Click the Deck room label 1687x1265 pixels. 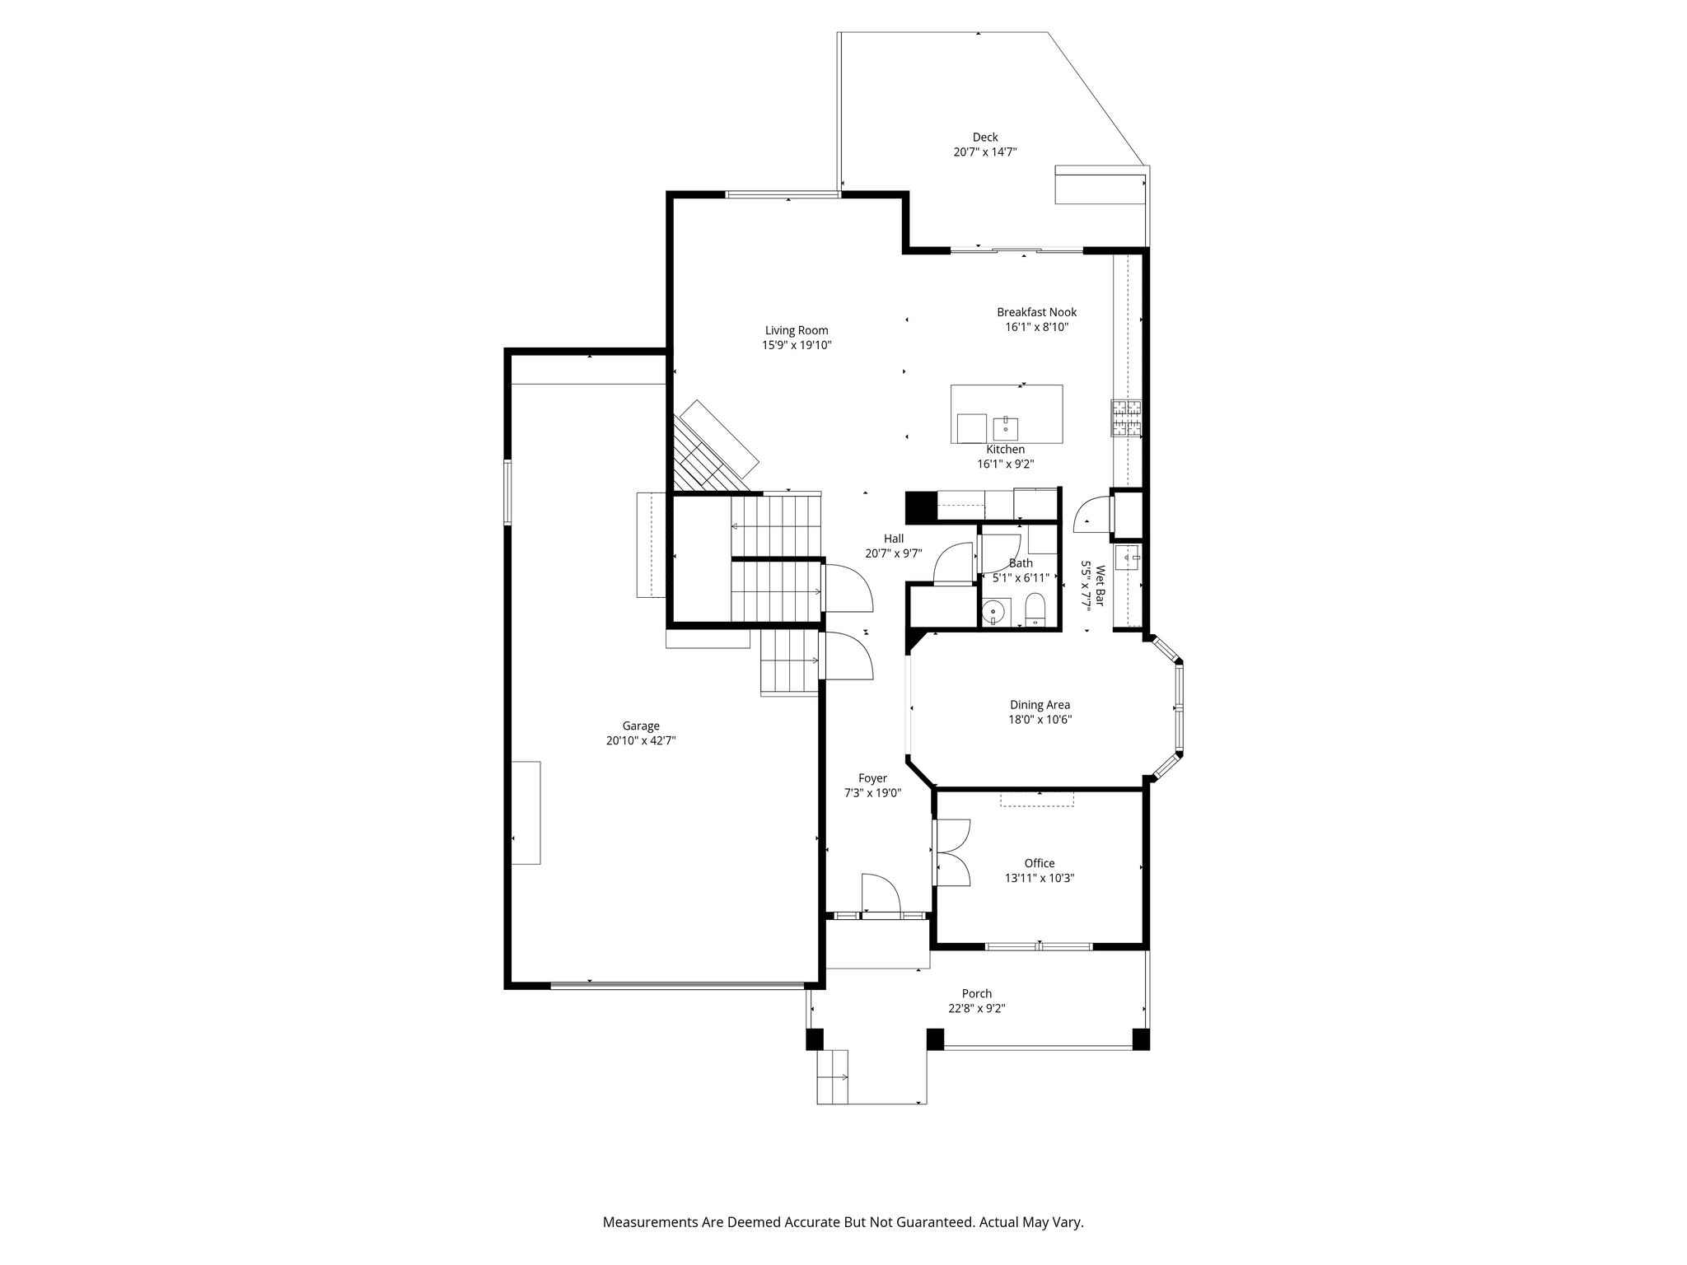pos(985,138)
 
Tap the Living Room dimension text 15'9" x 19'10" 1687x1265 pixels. pos(797,346)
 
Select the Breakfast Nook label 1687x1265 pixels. pos(1036,312)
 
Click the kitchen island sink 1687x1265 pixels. pos(1006,428)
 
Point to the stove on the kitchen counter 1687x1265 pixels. pos(1126,418)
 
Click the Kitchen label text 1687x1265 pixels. pos(1006,450)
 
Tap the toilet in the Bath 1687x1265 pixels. pos(1035,609)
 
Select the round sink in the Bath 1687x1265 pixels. pos(995,612)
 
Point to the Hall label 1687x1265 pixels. pos(894,539)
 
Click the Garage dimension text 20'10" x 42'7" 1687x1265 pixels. pos(641,740)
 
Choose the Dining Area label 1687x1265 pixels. pos(1040,705)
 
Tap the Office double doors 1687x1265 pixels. pos(954,852)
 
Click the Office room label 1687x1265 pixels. pos(1040,863)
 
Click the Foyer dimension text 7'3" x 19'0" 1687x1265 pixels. pos(873,793)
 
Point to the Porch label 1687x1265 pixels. pos(977,994)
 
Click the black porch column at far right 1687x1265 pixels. pos(1140,1039)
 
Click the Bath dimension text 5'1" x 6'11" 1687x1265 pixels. pos(1021,578)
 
